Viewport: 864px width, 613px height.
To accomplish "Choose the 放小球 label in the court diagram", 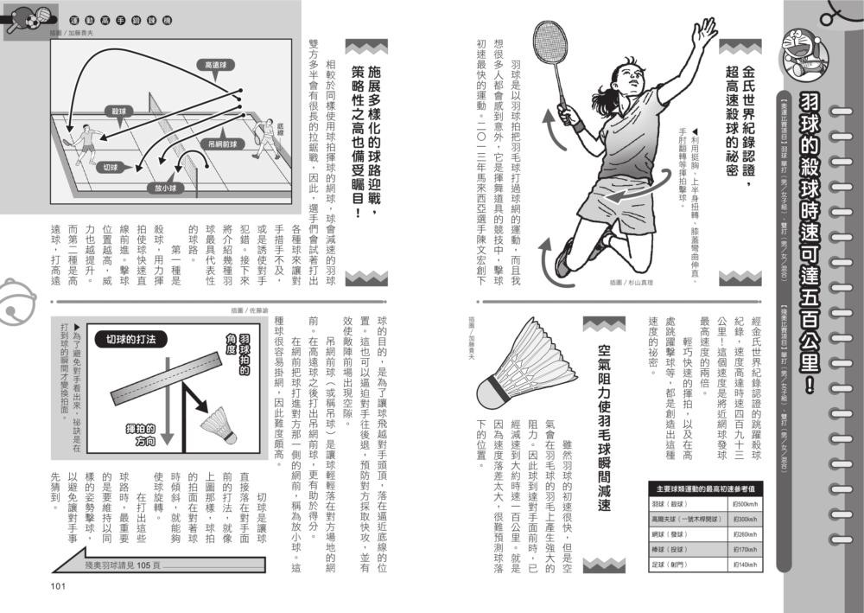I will click(167, 188).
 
